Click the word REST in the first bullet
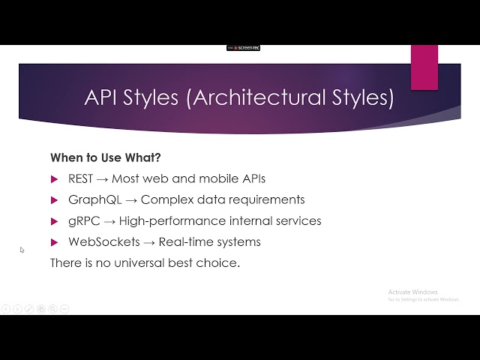pyautogui.click(x=80, y=179)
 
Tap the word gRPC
pyautogui.click(x=83, y=221)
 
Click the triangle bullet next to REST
pyautogui.click(x=54, y=179)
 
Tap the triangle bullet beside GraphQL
pyautogui.click(x=54, y=200)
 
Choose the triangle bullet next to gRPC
pyautogui.click(x=54, y=221)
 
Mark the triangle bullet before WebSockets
pyautogui.click(x=54, y=242)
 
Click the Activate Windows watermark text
pyautogui.click(x=412, y=292)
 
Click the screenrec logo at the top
pyautogui.click(x=244, y=48)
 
